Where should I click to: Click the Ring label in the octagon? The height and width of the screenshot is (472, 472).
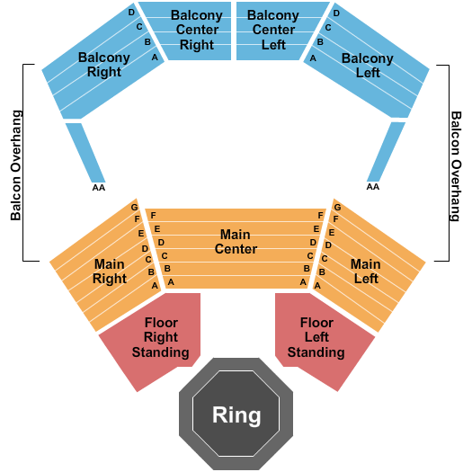(x=236, y=415)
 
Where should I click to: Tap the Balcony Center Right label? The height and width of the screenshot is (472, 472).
(x=197, y=31)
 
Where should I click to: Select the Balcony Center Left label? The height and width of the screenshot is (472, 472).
(x=273, y=31)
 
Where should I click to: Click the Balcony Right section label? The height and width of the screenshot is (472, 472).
(x=103, y=65)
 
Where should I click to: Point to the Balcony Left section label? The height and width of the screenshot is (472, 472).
(x=368, y=65)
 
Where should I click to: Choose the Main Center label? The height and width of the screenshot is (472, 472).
(x=236, y=242)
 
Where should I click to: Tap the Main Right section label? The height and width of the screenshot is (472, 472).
(x=110, y=272)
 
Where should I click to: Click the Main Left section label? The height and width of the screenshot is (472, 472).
(x=365, y=272)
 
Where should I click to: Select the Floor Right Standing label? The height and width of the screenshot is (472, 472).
(x=162, y=337)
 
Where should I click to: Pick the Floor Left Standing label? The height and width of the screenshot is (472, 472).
(x=316, y=337)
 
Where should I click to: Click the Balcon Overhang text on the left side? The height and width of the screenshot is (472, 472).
(x=16, y=165)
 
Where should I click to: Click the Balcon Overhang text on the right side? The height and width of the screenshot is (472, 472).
(x=455, y=165)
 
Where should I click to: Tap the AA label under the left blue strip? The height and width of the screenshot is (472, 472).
(x=98, y=187)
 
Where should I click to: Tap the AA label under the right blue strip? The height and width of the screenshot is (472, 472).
(x=372, y=187)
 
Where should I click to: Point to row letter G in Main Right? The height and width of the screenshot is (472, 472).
(x=135, y=207)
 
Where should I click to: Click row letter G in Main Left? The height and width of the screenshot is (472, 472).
(x=336, y=207)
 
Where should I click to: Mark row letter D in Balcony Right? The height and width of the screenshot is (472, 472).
(x=131, y=13)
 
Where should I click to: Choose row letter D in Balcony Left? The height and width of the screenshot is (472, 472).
(x=336, y=13)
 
